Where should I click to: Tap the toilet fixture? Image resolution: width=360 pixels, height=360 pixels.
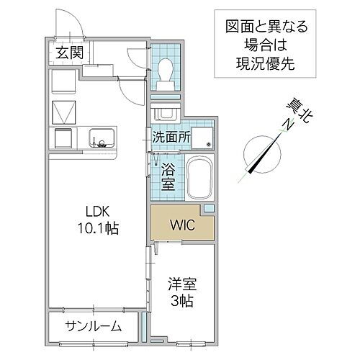click(x=164, y=72)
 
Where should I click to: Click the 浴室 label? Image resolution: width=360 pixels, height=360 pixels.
click(x=168, y=177)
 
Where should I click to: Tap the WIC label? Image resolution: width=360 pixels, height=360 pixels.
click(x=182, y=223)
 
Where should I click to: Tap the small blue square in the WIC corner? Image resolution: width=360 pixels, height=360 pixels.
click(x=209, y=209)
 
